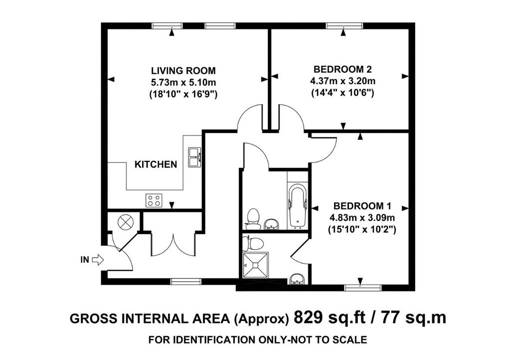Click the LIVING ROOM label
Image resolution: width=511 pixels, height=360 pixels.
coord(183,71)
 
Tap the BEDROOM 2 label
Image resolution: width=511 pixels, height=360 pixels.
coord(342,69)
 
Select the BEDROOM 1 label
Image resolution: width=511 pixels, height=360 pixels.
coord(362,206)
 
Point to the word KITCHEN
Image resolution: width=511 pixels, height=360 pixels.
coord(156,165)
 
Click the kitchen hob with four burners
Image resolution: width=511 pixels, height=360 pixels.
coord(154,200)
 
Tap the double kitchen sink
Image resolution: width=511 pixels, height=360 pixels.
coord(195,157)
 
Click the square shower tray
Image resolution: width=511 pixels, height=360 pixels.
coord(256,265)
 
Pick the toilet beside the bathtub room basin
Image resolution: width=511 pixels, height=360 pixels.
coord(253,217)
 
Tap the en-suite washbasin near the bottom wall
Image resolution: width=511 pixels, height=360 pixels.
coord(297,279)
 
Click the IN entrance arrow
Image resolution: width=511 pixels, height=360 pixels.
coord(98,260)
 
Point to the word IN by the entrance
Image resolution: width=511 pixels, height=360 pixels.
coord(85,260)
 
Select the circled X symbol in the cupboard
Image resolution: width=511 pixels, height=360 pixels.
coord(125,223)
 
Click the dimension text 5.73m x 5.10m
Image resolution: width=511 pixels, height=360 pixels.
coord(183,82)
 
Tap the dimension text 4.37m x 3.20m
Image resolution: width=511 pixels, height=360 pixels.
coord(342,81)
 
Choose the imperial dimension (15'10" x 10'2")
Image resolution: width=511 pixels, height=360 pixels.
coord(362,230)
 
